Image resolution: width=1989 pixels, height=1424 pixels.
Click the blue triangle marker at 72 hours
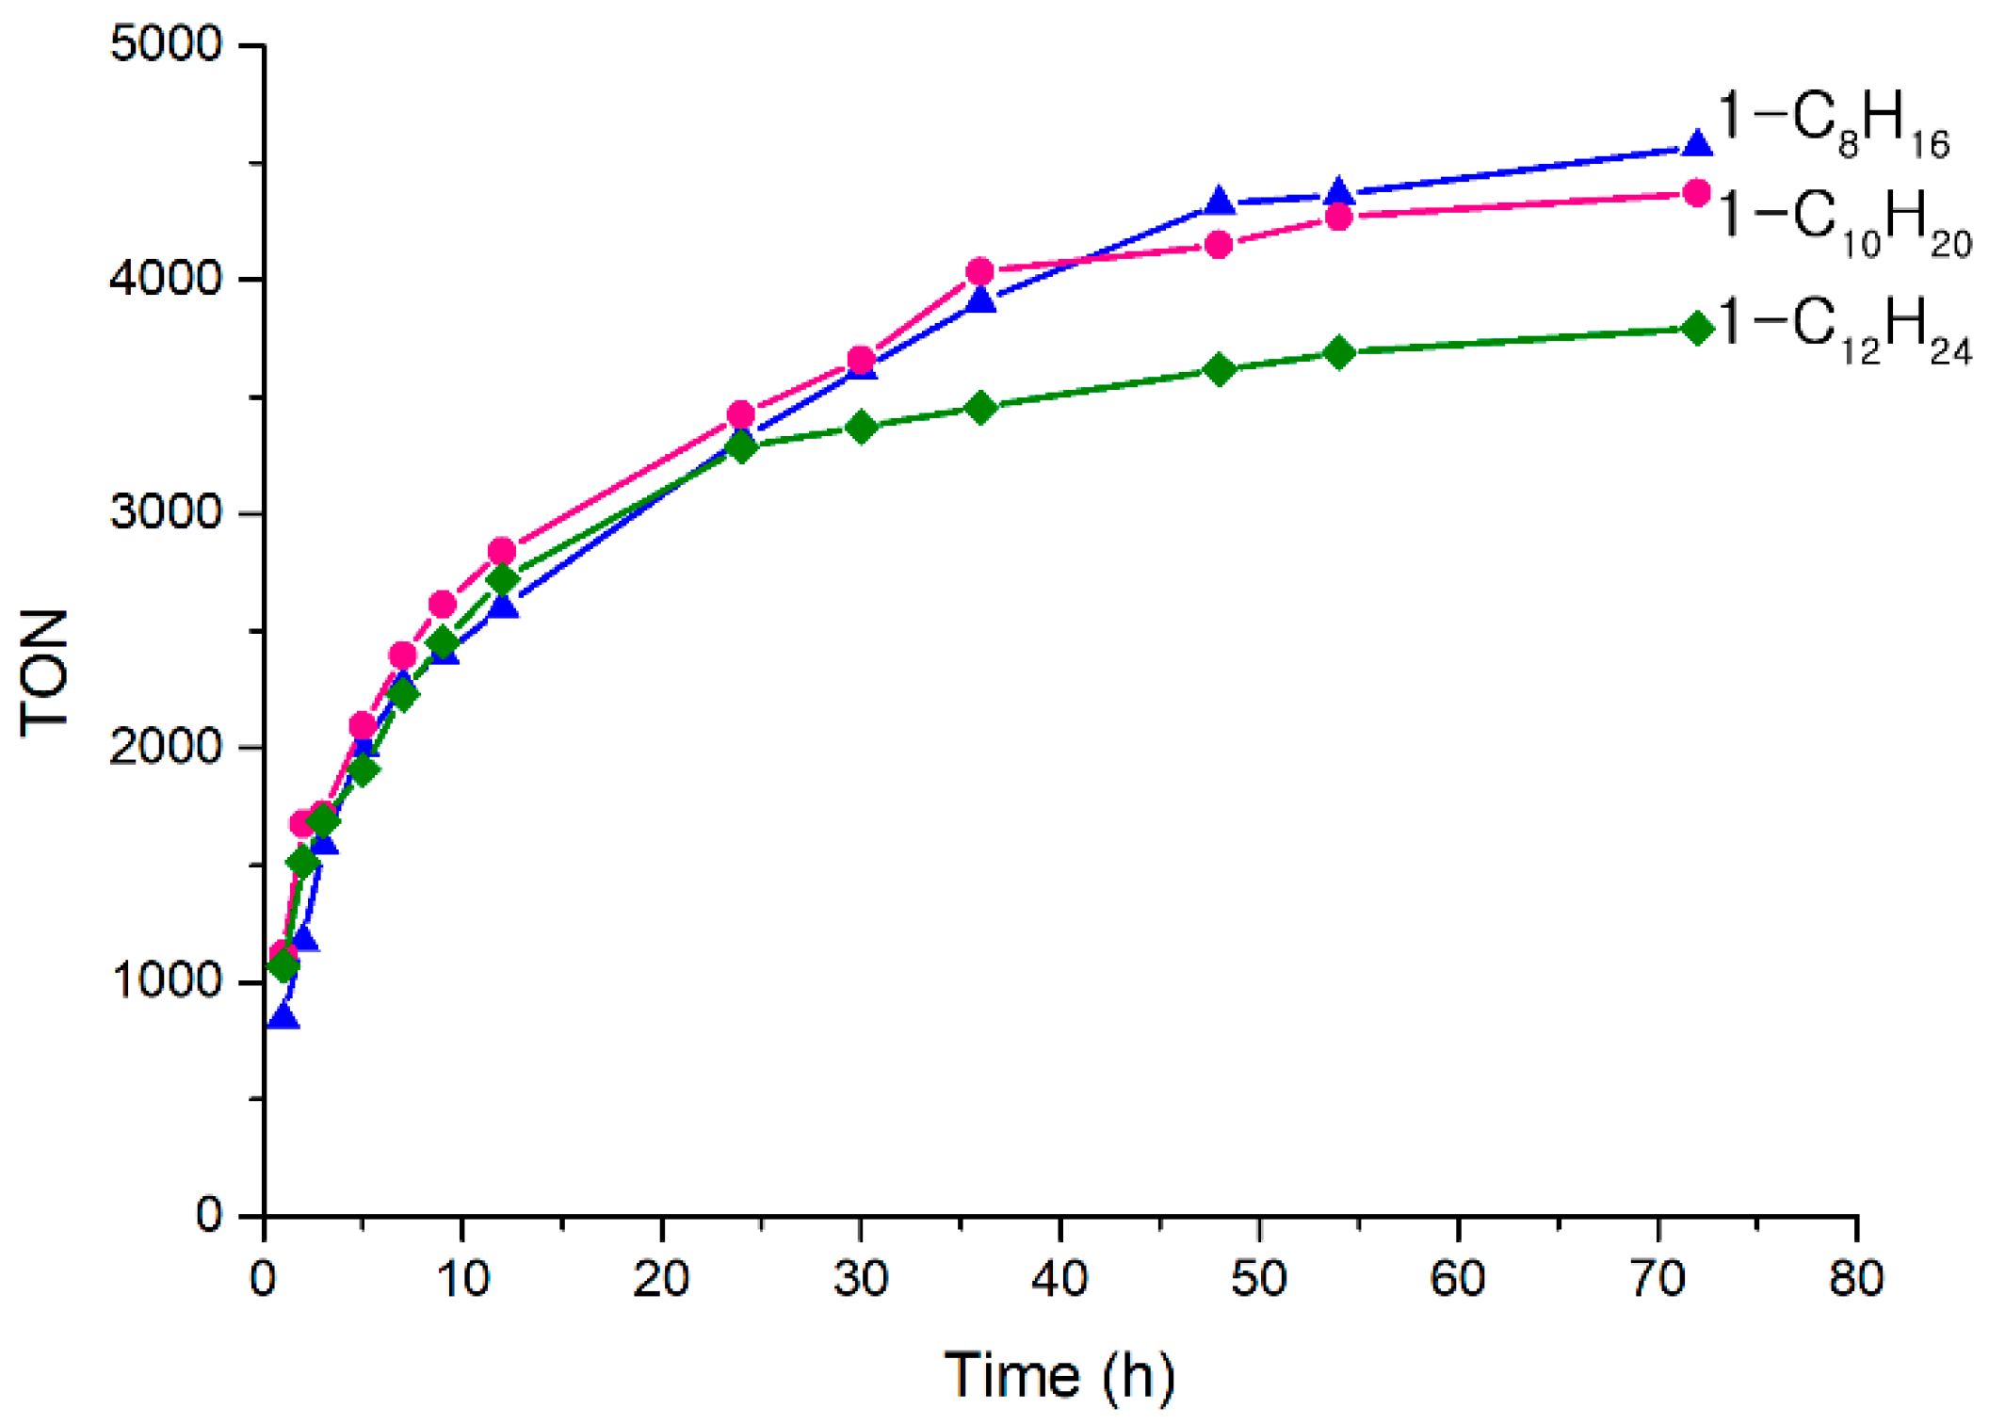pos(1697,144)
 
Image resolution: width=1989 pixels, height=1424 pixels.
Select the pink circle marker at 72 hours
pos(1697,193)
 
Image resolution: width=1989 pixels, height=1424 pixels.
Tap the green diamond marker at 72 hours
pos(1697,329)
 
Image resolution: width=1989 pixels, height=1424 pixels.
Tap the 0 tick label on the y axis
pos(209,1215)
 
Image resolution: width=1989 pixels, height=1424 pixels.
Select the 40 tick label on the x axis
pos(1059,1279)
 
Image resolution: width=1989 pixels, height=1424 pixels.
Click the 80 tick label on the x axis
pos(1855,1279)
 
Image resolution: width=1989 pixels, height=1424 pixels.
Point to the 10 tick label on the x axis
pos(461,1279)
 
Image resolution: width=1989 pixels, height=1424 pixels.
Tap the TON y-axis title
pos(45,672)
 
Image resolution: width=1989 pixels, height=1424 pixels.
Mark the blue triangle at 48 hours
pos(1220,201)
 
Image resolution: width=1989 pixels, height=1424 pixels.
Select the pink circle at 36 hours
pos(980,271)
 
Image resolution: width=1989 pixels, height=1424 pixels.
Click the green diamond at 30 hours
pos(861,428)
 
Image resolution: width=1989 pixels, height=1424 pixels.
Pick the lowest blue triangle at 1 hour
pos(283,1017)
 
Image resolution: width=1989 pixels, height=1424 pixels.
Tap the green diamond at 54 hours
pos(1338,353)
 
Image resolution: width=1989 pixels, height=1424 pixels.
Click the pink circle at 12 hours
pos(502,551)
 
